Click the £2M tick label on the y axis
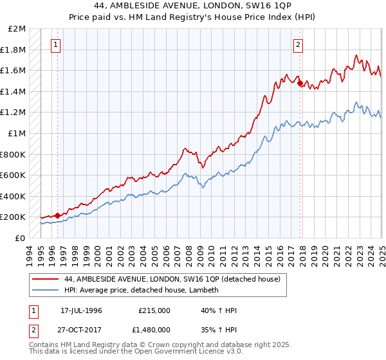17,29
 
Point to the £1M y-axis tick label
17,134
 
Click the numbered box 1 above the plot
57,45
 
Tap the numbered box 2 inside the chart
299,45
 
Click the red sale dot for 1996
57,215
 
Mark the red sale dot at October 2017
300,83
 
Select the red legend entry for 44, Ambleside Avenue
172,280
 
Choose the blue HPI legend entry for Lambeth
142,291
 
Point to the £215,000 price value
154,310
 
